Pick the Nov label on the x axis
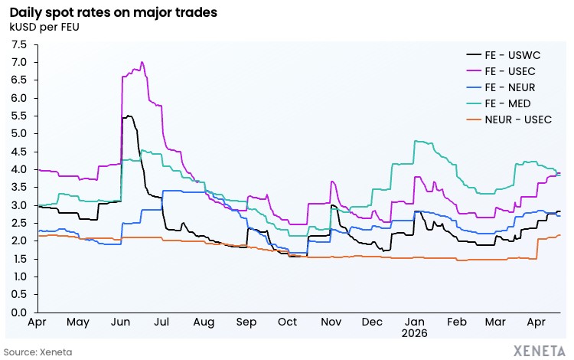tap(331, 322)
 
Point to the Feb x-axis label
tap(456, 322)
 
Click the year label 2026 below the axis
tap(414, 334)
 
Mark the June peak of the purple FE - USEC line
tap(142, 62)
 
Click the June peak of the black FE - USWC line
tap(129, 116)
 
